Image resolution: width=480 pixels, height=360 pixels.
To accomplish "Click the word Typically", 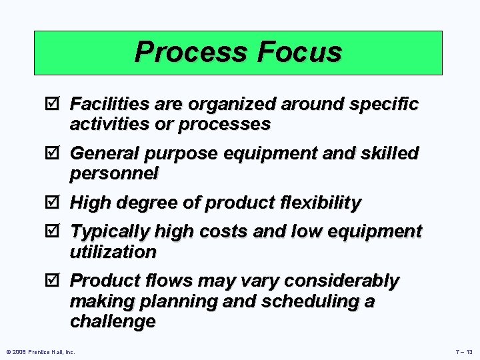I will [x=110, y=232].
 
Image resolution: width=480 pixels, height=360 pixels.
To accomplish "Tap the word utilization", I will [x=113, y=252].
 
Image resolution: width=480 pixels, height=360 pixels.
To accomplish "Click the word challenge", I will [x=113, y=321].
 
